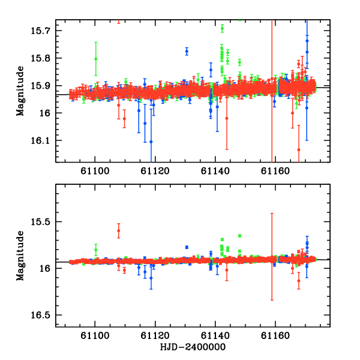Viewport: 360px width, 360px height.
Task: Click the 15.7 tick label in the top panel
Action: coord(40,31)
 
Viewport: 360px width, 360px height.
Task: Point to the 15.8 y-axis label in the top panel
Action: coord(40,58)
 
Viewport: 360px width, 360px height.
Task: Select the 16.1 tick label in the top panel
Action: coord(40,140)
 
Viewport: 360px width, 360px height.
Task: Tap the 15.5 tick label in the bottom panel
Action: coord(40,222)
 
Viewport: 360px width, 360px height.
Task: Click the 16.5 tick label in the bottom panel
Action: coord(40,315)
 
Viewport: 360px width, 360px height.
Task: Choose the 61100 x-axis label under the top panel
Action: coord(95,171)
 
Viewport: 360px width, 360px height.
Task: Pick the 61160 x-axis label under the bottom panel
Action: coord(275,335)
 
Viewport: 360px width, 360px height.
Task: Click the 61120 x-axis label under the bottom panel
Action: coord(155,335)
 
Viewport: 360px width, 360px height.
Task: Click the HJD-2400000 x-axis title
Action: coord(193,347)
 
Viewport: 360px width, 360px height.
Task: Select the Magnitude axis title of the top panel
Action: coord(20,91)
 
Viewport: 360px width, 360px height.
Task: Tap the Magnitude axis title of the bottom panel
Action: coord(20,256)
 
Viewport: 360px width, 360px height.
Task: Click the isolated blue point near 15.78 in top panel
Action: coord(187,52)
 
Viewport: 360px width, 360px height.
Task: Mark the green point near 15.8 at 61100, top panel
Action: coord(96,59)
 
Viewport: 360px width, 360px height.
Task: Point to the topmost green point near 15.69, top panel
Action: coord(222,28)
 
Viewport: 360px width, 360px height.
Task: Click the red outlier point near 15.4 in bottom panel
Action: coord(118,230)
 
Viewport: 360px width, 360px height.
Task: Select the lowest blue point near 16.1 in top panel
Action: coord(151,142)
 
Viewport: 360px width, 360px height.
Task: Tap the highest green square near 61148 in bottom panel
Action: coord(239,236)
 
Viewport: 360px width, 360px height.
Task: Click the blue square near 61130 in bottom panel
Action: coord(187,247)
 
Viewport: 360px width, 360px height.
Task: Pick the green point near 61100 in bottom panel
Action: coord(96,250)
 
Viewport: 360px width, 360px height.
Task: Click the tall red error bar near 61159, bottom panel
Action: coord(272,257)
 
